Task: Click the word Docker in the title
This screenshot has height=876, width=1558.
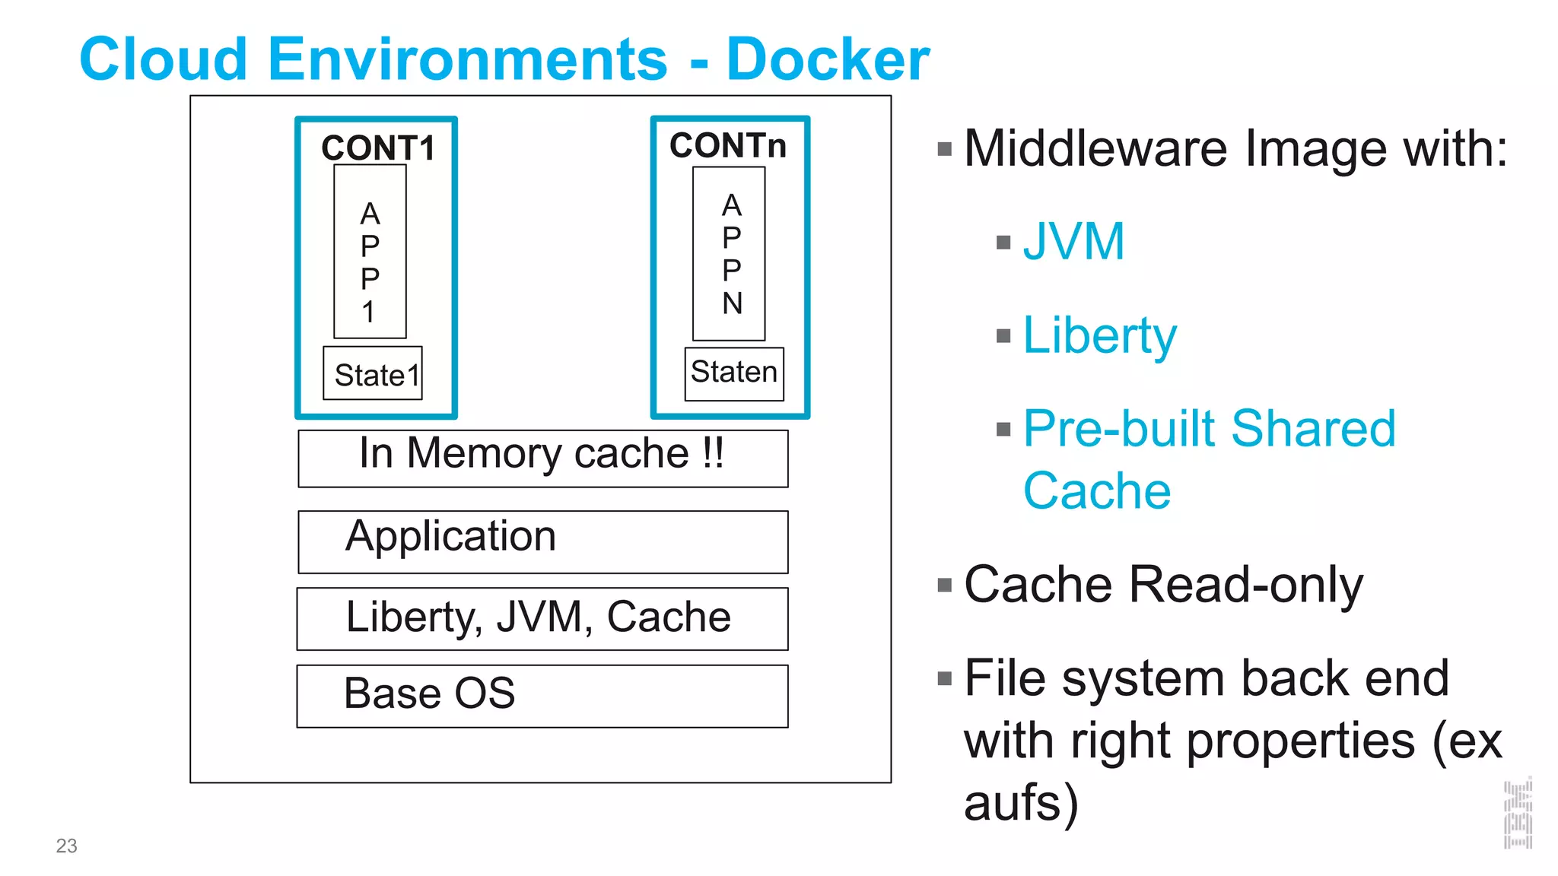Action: point(828,59)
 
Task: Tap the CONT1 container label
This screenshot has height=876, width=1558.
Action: point(377,148)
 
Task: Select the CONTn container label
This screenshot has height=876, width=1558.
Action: point(728,145)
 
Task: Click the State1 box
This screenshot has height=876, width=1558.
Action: point(373,373)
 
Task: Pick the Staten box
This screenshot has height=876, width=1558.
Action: point(734,373)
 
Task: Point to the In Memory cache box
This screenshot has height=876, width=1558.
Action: point(542,458)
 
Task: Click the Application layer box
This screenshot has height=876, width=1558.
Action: point(542,541)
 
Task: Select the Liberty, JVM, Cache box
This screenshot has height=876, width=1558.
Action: point(542,618)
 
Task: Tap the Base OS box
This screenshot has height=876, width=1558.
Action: point(542,696)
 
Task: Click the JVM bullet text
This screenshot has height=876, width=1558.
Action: point(1073,242)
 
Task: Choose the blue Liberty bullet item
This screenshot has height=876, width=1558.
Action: point(1099,335)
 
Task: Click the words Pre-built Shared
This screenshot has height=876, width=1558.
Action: point(1209,428)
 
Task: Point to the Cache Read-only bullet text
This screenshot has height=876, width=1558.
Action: point(1163,585)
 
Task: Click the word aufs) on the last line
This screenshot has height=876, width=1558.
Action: point(1021,803)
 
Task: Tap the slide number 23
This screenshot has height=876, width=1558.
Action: point(67,846)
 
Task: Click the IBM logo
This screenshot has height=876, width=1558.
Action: point(1518,814)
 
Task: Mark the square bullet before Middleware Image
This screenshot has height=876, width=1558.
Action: point(945,149)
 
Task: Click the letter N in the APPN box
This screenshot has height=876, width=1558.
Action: point(732,303)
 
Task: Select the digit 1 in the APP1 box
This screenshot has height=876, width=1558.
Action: point(369,312)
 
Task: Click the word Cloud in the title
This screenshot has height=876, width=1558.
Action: point(164,59)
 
